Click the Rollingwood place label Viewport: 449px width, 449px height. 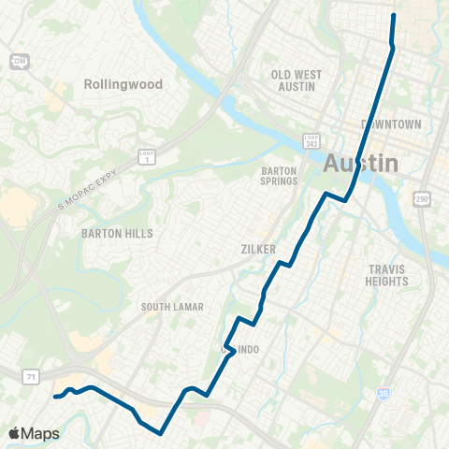[123, 84]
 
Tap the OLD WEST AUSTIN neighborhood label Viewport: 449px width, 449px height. [296, 80]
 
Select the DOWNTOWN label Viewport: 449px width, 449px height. [391, 124]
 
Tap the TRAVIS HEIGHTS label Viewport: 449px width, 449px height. [387, 275]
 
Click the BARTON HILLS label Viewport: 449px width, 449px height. [117, 233]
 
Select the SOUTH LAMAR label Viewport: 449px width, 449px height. [172, 307]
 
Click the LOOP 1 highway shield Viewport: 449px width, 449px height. [146, 157]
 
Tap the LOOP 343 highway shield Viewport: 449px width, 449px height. [311, 140]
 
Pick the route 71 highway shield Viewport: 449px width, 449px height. [30, 376]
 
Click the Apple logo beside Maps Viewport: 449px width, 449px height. [16, 433]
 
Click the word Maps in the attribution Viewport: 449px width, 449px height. [41, 433]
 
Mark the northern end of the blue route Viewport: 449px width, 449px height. [393, 16]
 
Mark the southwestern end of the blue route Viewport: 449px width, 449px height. [55, 397]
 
